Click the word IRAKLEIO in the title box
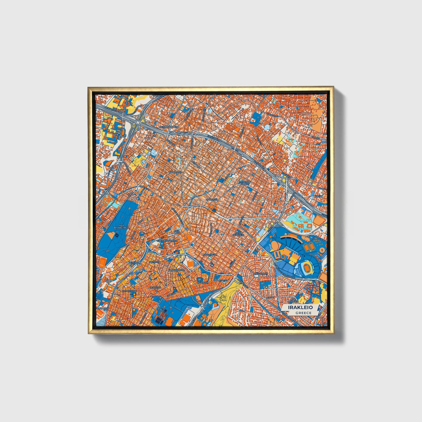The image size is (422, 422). tap(300, 308)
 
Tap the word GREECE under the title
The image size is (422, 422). tap(303, 313)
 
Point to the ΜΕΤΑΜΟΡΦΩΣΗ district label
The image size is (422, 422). tap(168, 127)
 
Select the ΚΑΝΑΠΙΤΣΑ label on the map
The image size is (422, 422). tap(175, 172)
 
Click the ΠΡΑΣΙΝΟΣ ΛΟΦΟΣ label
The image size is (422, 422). tap(245, 183)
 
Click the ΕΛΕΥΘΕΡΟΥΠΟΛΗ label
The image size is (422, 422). tap(165, 240)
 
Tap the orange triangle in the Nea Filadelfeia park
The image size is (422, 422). tap(111, 235)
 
